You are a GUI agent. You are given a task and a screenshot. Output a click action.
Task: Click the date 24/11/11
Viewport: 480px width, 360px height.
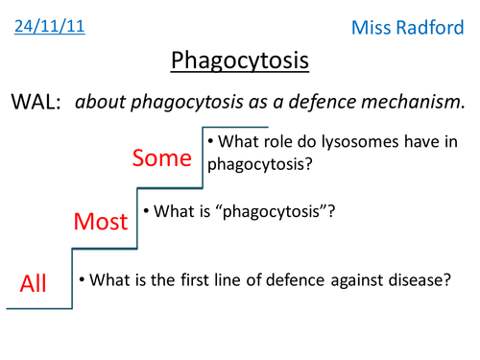coord(50,26)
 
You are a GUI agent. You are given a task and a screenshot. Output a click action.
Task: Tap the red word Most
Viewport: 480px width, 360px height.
coord(101,222)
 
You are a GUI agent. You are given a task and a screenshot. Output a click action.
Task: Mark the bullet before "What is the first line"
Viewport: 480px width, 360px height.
coord(83,279)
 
